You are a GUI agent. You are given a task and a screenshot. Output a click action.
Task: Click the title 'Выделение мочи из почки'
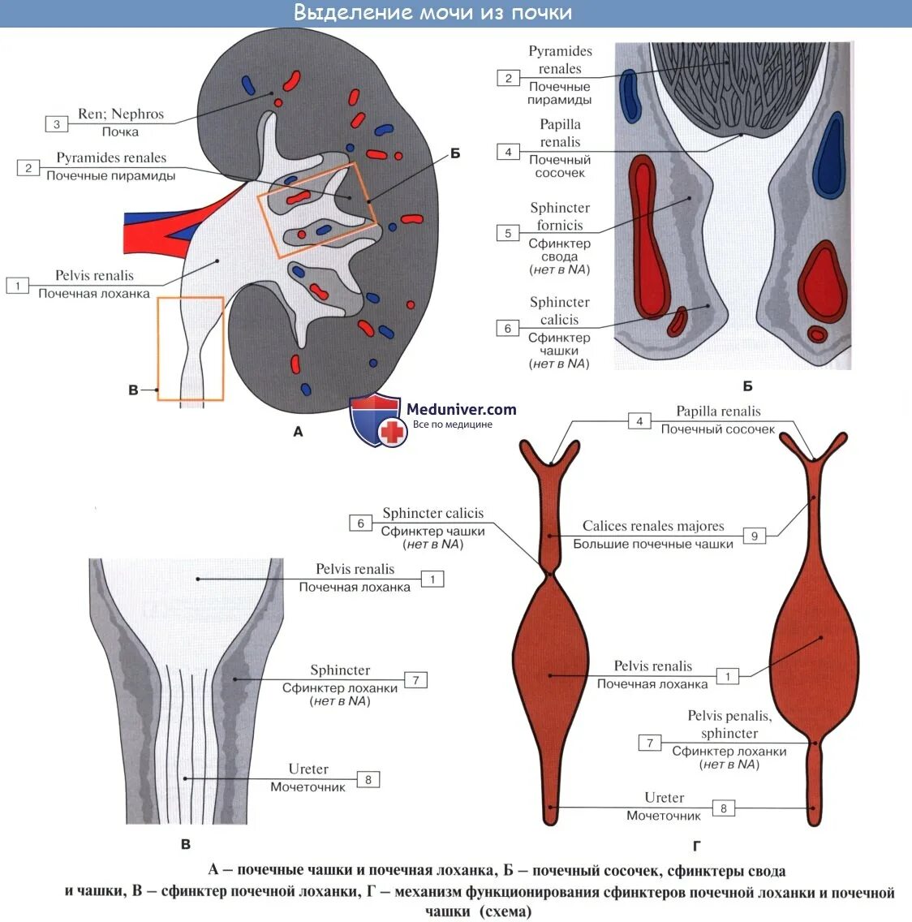pos(432,13)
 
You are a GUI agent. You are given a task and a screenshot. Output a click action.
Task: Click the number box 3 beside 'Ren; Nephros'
pos(57,124)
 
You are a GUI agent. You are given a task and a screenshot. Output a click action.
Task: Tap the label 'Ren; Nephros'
pos(121,114)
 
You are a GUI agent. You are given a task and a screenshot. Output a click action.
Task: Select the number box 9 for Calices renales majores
pos(755,536)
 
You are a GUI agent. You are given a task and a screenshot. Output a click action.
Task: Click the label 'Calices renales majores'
pos(653,526)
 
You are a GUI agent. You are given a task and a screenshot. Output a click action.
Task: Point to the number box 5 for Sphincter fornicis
pos(508,234)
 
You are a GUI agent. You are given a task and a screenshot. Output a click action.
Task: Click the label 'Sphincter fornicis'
pos(560,217)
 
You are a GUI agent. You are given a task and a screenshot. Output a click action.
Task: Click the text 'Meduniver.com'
pos(461,410)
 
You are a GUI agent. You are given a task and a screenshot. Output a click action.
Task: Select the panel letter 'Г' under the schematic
pos(696,847)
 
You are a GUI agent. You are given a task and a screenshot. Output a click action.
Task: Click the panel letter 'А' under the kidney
pos(298,432)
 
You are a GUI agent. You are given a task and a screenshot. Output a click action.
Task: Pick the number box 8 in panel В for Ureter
pos(368,780)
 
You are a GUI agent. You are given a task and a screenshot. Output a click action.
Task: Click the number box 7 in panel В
pos(415,680)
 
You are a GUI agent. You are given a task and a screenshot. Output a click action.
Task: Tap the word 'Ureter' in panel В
pos(308,769)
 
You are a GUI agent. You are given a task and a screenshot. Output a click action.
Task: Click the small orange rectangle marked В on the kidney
pos(191,348)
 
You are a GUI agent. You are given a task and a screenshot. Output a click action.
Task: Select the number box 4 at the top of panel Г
pos(639,421)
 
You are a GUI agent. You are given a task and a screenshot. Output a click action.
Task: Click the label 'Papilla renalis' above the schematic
pos(718,411)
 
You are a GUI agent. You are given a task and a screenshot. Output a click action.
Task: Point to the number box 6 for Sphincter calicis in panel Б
pos(508,329)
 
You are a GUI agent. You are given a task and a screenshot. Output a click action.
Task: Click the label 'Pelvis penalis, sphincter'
pos(729,724)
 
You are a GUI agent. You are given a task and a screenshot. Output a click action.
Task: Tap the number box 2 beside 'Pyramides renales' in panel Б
pos(509,79)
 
